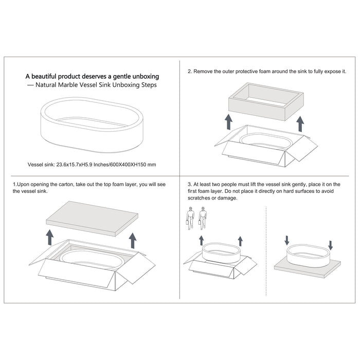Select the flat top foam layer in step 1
pos(92,219)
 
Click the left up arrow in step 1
pos(50,237)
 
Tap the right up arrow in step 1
pos(133,240)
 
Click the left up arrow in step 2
pos(228,122)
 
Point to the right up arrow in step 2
pos(300,124)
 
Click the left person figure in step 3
pos(190,219)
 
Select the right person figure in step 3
pos(203,219)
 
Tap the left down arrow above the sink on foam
pos(287,240)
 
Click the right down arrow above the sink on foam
pos(330,245)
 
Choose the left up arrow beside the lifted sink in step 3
pos(202,240)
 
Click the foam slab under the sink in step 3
pos(308,269)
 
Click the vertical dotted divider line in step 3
pos(266,251)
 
